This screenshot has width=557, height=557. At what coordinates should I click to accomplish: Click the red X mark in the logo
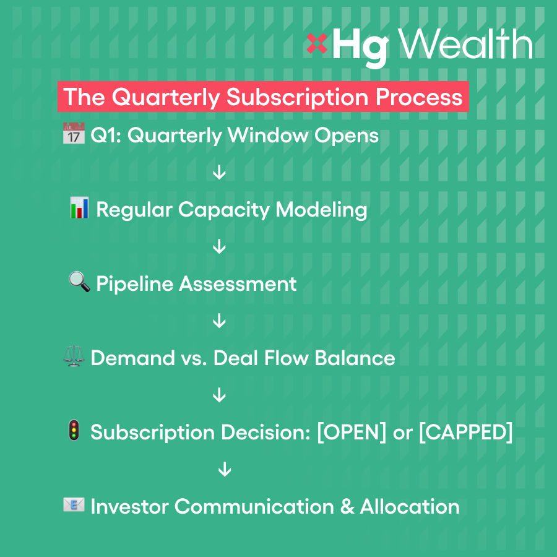pyautogui.click(x=316, y=43)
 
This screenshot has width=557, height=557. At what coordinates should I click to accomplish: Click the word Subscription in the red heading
pyautogui.click(x=297, y=97)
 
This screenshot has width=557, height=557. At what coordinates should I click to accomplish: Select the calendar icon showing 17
pyautogui.click(x=74, y=133)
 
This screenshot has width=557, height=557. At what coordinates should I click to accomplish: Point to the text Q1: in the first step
pyautogui.click(x=106, y=136)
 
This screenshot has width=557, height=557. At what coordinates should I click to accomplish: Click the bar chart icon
pyautogui.click(x=79, y=207)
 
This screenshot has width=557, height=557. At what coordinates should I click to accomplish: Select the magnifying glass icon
pyautogui.click(x=79, y=282)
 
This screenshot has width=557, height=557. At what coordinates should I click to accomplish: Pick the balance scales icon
pyautogui.click(x=74, y=356)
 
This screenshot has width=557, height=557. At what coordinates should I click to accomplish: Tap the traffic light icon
pyautogui.click(x=74, y=430)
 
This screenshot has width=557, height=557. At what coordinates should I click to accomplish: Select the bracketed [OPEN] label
pyautogui.click(x=352, y=433)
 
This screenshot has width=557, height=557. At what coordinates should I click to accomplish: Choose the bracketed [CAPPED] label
pyautogui.click(x=466, y=433)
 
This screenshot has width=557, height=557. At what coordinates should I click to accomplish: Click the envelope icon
pyautogui.click(x=74, y=505)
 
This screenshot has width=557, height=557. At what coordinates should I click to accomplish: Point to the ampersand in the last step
pyautogui.click(x=347, y=506)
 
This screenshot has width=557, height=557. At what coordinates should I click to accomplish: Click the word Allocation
pyautogui.click(x=410, y=506)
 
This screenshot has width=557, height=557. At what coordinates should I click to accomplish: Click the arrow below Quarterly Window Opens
pyautogui.click(x=219, y=172)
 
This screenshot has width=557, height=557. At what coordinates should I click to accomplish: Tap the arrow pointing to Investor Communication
pyautogui.click(x=225, y=469)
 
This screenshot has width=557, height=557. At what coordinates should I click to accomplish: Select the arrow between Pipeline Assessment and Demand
pyautogui.click(x=219, y=321)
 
